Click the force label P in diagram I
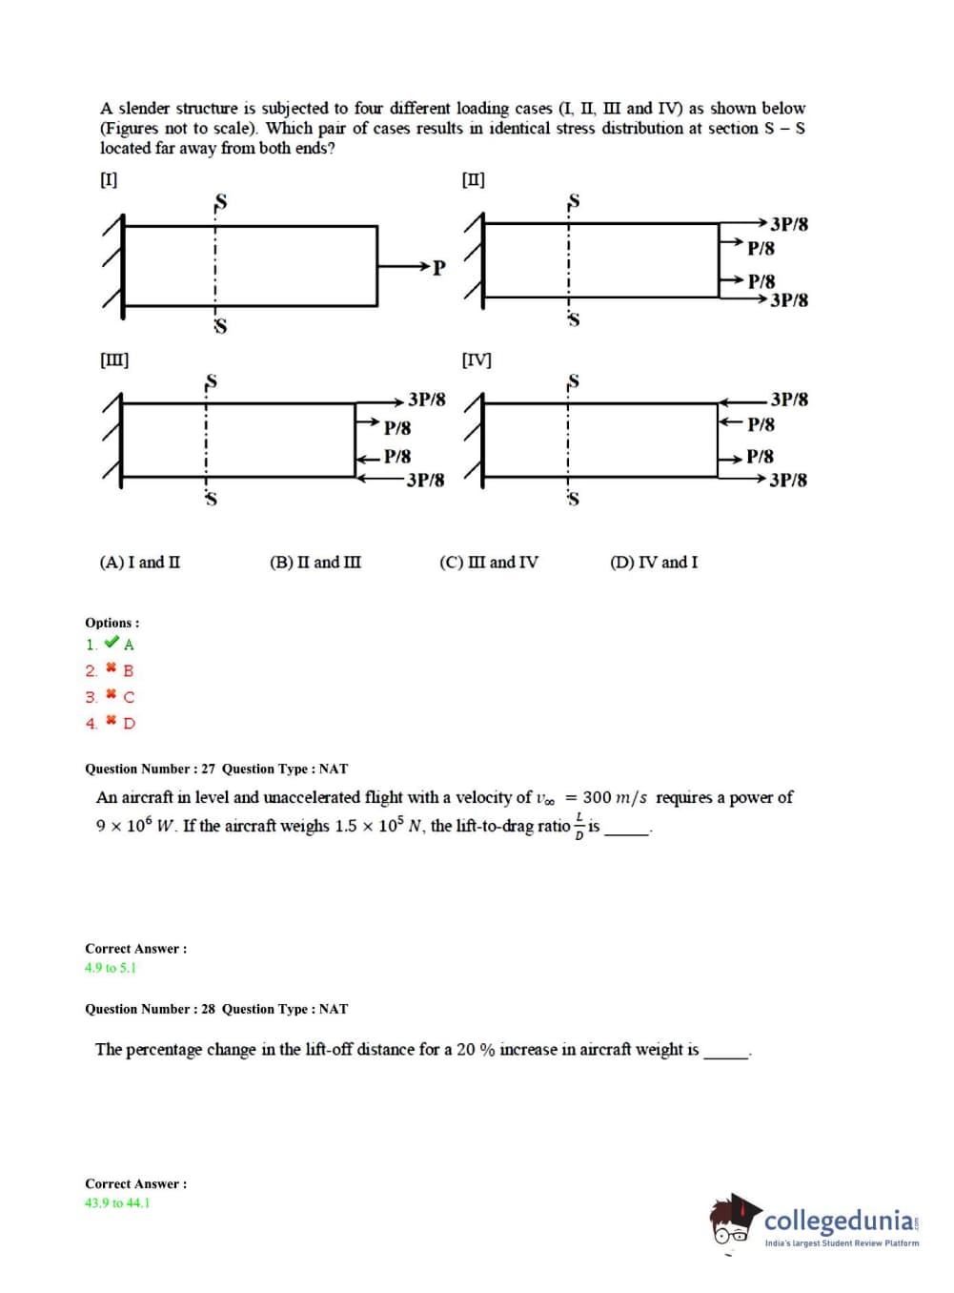point(438,268)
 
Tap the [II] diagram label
point(473,179)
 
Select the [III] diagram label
point(114,359)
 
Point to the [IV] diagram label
point(477,359)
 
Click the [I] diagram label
point(109,179)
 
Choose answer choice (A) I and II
point(139,563)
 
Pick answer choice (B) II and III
point(315,563)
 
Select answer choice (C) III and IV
point(488,563)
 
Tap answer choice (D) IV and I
point(654,563)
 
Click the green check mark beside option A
point(112,643)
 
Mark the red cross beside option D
point(111,721)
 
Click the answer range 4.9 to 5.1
point(111,968)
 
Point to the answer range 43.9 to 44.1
point(117,1203)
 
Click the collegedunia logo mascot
point(734,1220)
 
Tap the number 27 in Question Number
point(208,769)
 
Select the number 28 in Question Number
point(208,1009)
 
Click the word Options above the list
point(110,623)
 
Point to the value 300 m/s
point(614,797)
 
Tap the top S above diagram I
point(220,202)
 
